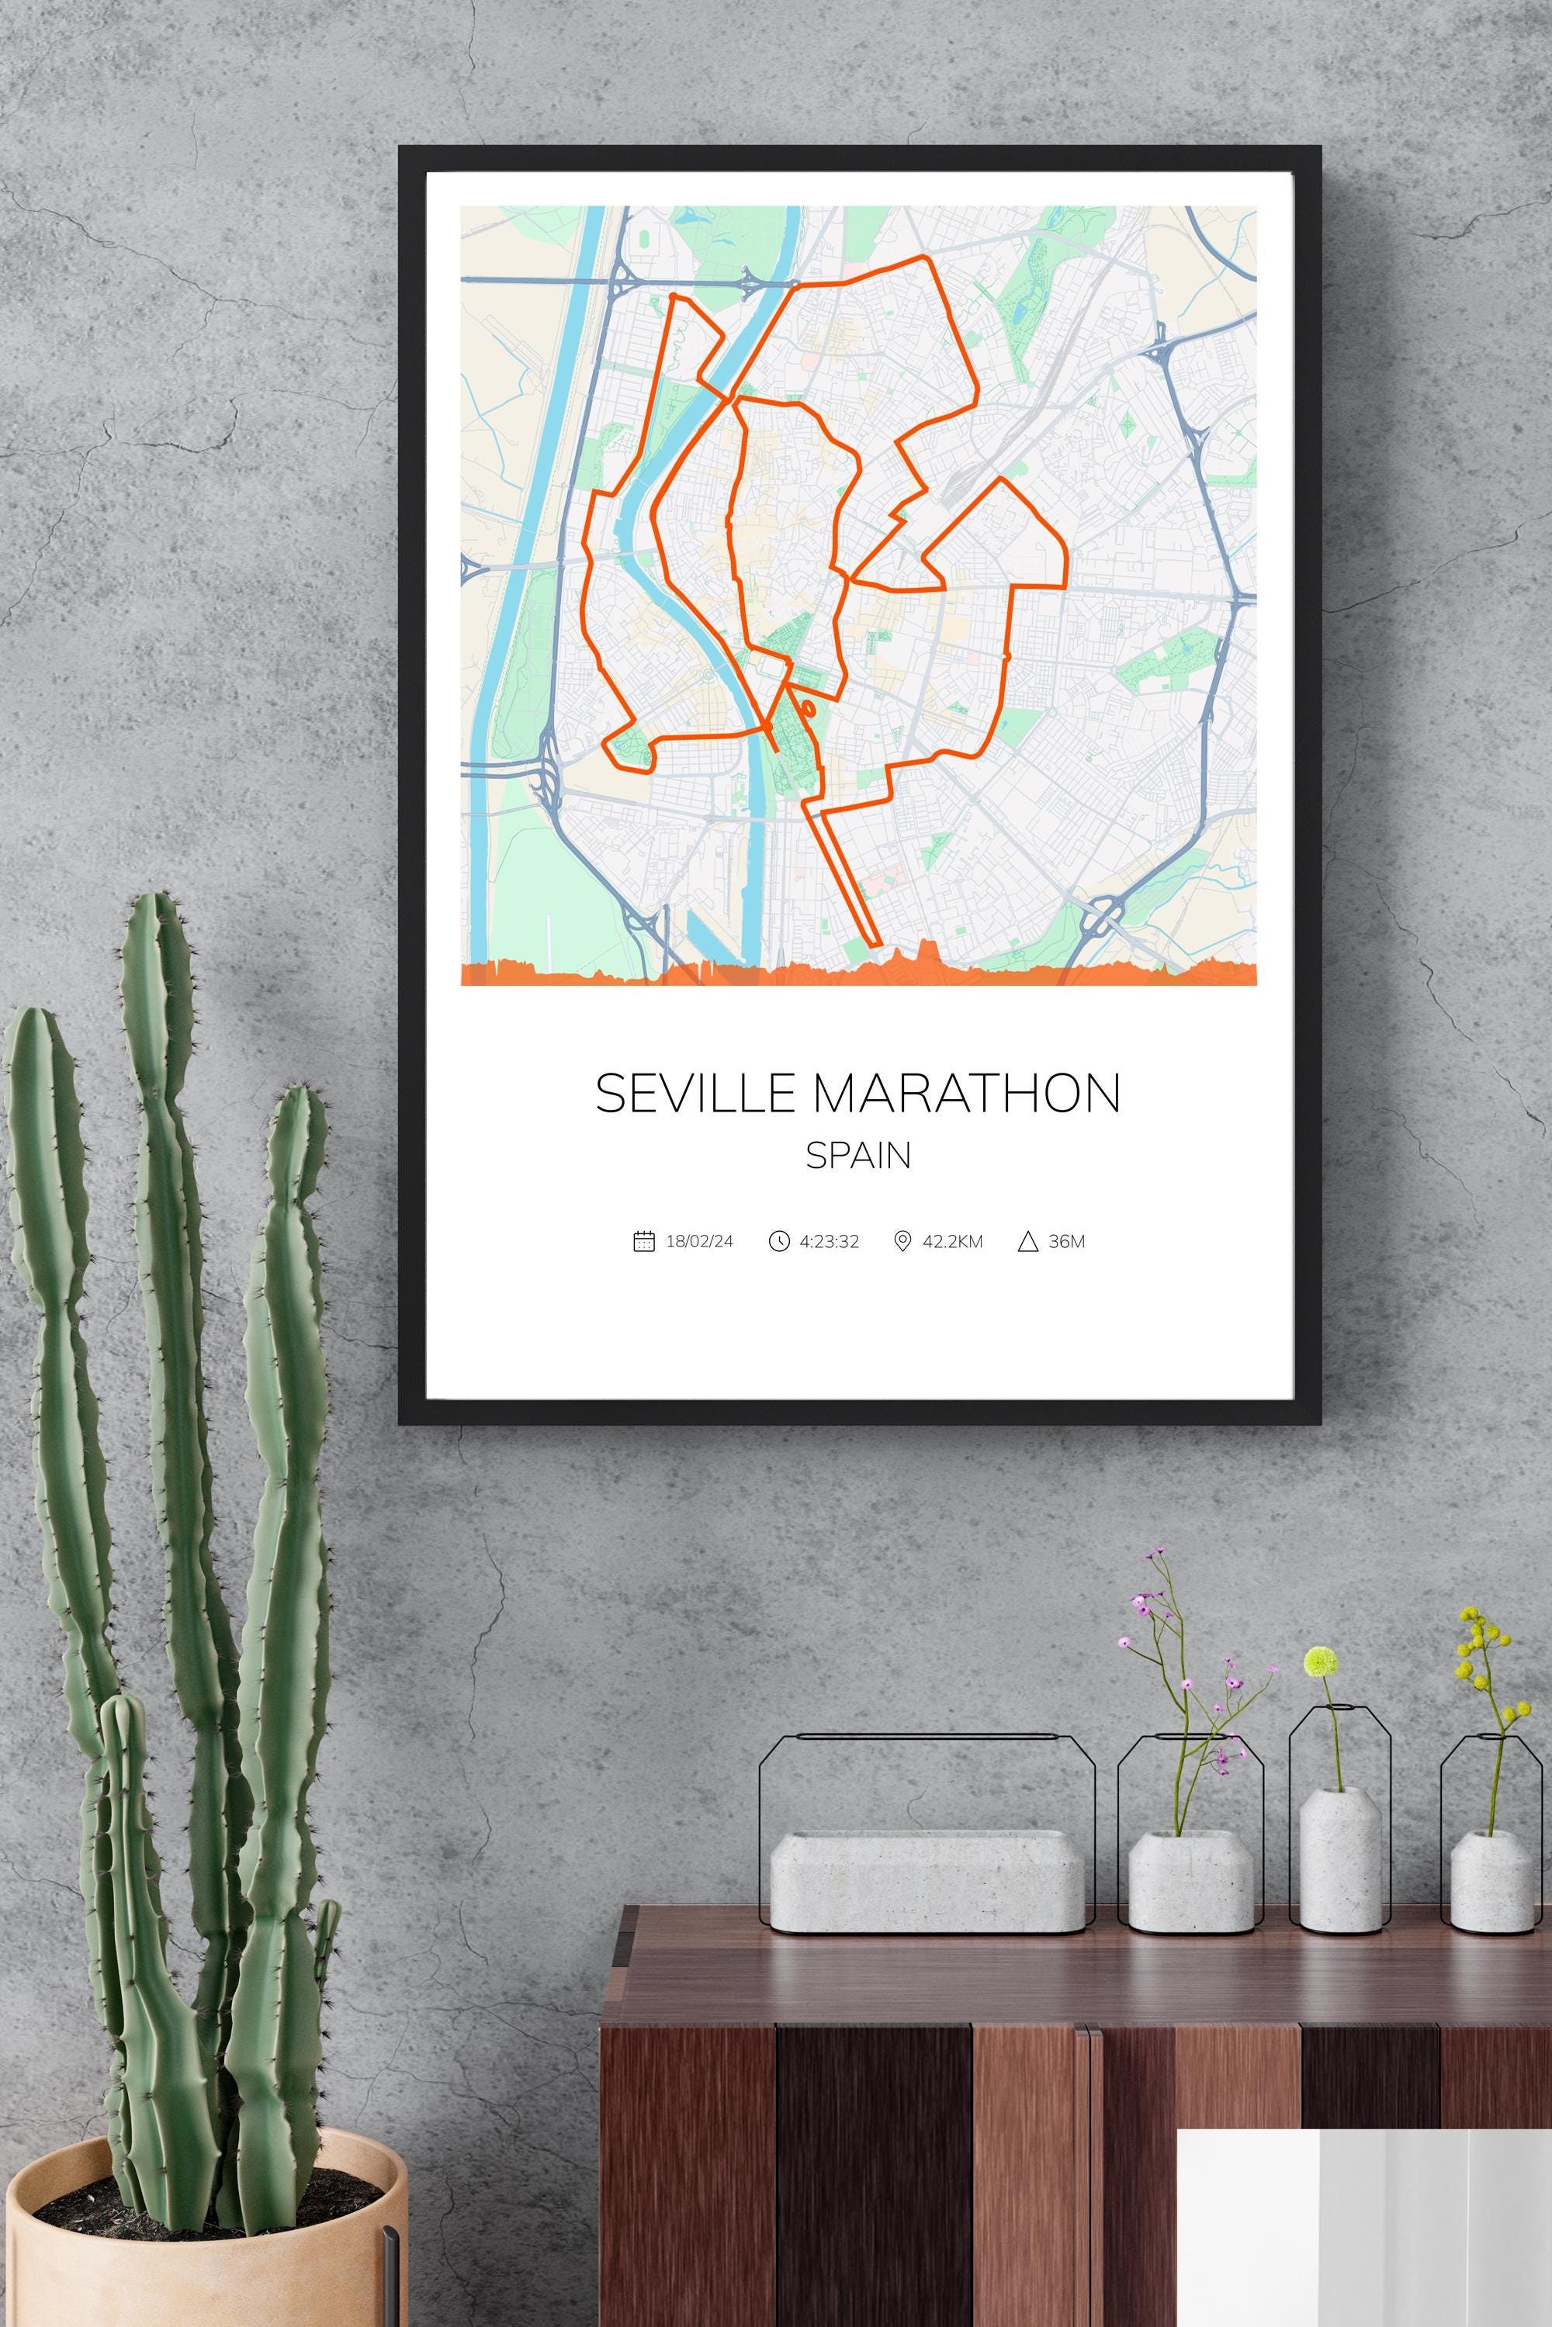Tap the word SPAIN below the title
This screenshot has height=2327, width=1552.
[x=858, y=1157]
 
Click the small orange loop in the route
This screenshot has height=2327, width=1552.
[x=808, y=707]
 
